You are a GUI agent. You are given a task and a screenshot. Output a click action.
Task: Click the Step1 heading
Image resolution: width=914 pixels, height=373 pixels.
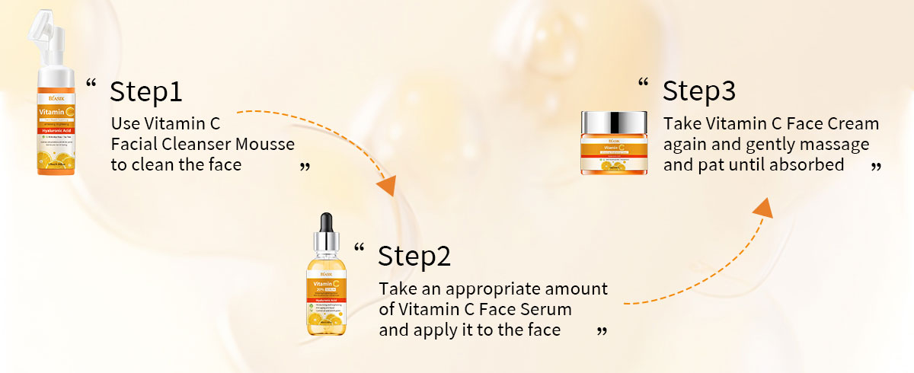[x=146, y=91]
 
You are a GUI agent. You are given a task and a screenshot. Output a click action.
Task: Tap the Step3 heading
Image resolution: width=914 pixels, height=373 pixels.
[x=698, y=91]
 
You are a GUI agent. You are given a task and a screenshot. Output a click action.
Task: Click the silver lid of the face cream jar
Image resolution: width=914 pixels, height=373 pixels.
[x=614, y=122]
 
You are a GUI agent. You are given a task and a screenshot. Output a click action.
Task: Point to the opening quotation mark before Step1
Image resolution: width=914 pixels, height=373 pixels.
[x=91, y=84]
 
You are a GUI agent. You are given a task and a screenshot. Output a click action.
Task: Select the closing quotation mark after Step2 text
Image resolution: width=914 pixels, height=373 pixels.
[x=602, y=331]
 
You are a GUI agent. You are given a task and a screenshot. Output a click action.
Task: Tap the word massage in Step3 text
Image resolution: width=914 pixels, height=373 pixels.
[x=841, y=144]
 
